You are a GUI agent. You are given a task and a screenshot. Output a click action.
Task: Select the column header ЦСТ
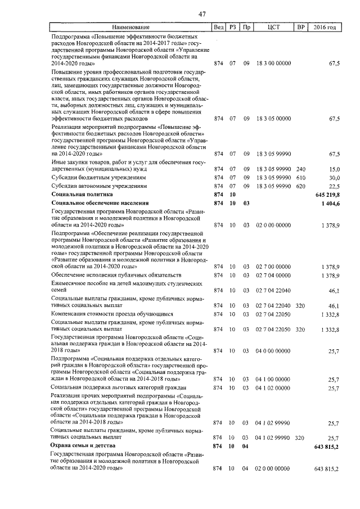273,27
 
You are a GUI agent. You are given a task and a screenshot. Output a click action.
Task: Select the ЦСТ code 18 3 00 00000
273,64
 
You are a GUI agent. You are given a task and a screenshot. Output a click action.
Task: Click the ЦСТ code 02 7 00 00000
273,266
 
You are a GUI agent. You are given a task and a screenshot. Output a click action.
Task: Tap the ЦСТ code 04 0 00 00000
273,350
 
